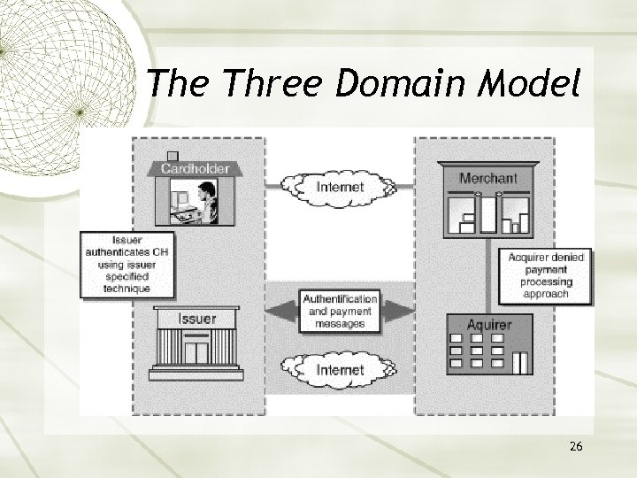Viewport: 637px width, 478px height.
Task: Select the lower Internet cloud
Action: (x=340, y=368)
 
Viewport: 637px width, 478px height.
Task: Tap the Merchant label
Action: (x=488, y=178)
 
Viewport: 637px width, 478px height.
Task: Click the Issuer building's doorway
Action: (x=196, y=351)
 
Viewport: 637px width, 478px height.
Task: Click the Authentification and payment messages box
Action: (x=341, y=311)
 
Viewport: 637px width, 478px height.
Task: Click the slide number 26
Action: (x=576, y=447)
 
